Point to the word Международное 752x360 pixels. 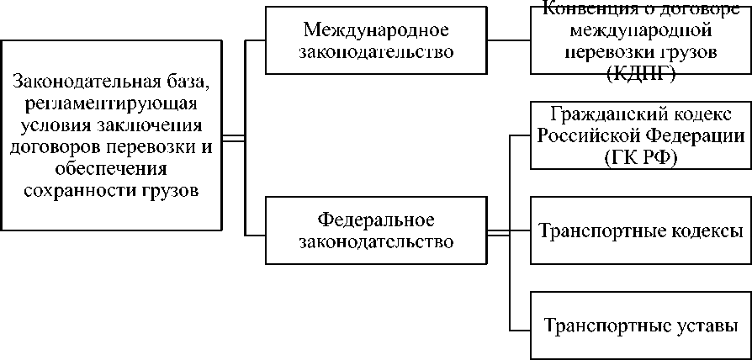(377, 30)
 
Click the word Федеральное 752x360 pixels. (376, 221)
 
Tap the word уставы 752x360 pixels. (705, 325)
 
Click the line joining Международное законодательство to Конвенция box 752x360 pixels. (510, 40)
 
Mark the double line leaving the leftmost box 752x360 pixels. (232, 135)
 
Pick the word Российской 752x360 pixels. (588, 135)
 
